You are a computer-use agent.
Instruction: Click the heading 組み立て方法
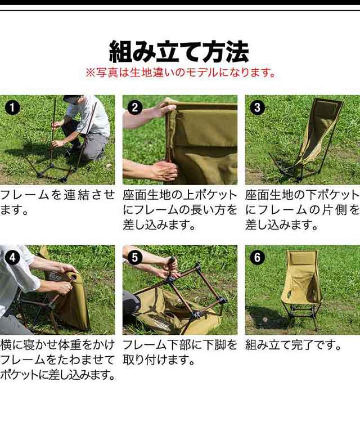click(x=179, y=52)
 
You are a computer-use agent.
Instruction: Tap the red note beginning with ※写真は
click(x=181, y=73)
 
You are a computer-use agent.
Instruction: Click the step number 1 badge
click(x=12, y=107)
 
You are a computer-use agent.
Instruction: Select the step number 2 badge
click(x=134, y=107)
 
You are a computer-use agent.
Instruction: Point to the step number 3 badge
click(x=257, y=107)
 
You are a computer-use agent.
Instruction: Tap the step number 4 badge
click(x=12, y=257)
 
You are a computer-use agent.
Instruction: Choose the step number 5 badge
click(x=134, y=257)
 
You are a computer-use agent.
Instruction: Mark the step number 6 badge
click(x=257, y=257)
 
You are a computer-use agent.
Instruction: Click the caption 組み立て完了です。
click(x=293, y=345)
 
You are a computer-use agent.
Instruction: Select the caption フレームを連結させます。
click(x=57, y=203)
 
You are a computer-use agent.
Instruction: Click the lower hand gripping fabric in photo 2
click(x=166, y=170)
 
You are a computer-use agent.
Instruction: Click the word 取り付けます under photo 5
click(x=155, y=360)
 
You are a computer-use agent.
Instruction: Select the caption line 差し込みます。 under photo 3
click(x=281, y=225)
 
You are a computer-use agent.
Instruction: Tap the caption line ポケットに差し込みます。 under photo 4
click(x=58, y=375)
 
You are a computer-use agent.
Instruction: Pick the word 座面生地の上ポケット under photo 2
click(x=180, y=195)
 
